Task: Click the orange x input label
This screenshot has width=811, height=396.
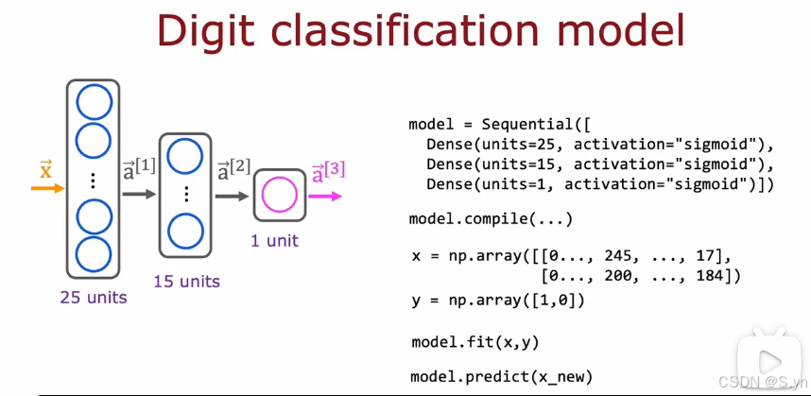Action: (45, 170)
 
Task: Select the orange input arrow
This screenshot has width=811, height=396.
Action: (47, 188)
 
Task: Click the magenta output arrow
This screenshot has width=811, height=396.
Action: (327, 197)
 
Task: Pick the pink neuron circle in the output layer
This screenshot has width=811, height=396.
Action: (279, 196)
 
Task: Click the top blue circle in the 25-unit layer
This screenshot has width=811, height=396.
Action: (93, 102)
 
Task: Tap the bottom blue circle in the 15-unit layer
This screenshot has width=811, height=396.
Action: (186, 230)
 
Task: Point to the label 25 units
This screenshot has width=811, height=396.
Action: (93, 298)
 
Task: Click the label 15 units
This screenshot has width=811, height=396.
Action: (187, 281)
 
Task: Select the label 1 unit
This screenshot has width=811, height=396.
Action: (274, 240)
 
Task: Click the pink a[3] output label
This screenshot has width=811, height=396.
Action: (328, 172)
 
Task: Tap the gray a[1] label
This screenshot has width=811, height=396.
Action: (139, 170)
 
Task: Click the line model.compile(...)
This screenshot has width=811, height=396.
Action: (491, 219)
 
